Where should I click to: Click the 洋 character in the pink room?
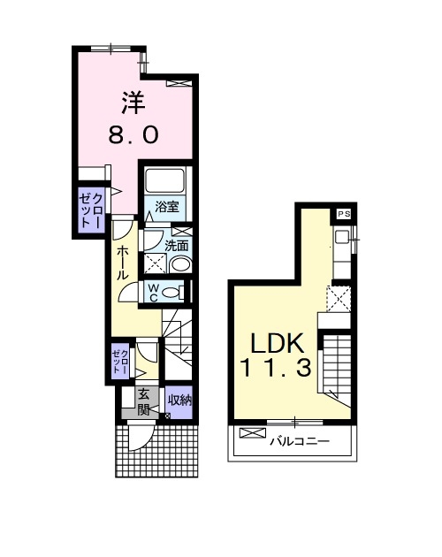tap(133, 103)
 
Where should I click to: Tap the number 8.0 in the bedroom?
tap(133, 135)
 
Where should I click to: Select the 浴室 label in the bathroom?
tap(167, 206)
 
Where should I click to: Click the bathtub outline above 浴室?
tap(164, 181)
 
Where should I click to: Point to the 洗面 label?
tap(177, 246)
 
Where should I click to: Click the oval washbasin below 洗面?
tap(180, 264)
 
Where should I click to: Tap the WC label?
tap(153, 293)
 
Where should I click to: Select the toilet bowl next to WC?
tap(172, 293)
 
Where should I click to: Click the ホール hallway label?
tap(123, 263)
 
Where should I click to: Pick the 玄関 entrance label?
tap(143, 402)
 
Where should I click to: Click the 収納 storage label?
tap(179, 401)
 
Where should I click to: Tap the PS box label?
tap(344, 214)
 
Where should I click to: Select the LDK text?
tap(278, 344)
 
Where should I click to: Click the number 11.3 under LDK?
tap(277, 367)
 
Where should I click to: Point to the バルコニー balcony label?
tap(300, 441)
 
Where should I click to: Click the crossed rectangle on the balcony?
tap(253, 432)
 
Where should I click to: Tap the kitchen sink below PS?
tap(342, 237)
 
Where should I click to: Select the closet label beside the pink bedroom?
tap(91, 210)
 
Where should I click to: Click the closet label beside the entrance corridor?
tap(119, 362)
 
